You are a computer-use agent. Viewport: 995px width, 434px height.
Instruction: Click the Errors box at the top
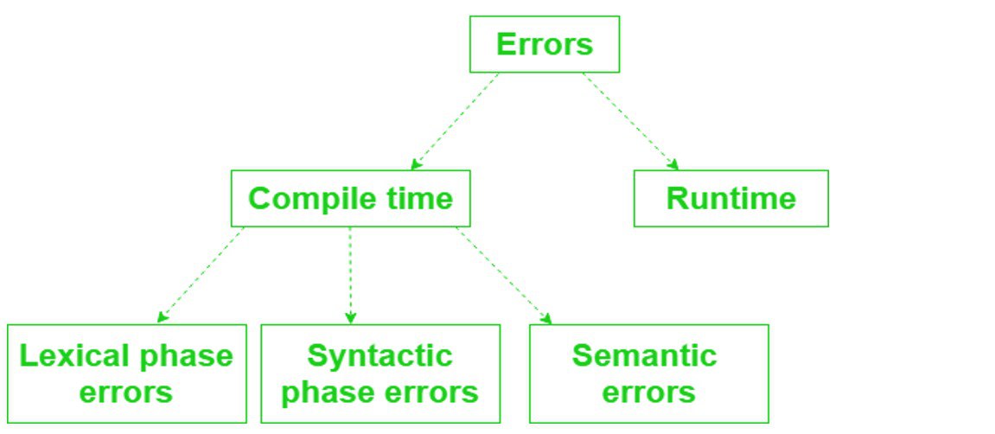pos(545,44)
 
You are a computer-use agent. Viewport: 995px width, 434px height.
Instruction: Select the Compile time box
pos(350,198)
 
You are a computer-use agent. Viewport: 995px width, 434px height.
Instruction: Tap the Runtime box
pos(730,198)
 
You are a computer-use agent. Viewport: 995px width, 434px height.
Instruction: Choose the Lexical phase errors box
pos(126,373)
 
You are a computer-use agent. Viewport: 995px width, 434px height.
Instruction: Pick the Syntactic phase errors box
pos(380,373)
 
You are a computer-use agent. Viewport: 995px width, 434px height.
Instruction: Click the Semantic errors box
pos(648,373)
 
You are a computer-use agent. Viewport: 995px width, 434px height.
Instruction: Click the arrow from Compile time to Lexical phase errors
pos(201,275)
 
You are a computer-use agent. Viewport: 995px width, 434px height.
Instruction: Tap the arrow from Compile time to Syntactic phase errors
pos(350,275)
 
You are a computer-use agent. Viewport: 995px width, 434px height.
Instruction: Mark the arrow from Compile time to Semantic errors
pos(504,275)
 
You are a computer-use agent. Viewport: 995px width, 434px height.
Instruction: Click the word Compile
pos(307,199)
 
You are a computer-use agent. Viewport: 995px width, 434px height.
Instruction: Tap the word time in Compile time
pos(420,198)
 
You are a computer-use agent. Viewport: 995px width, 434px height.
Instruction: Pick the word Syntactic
pos(380,355)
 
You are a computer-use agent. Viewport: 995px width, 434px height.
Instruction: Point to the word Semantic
pos(645,355)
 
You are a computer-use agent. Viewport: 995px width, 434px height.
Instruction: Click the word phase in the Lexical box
pos(191,356)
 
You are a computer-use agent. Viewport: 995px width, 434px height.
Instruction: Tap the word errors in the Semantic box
pos(648,392)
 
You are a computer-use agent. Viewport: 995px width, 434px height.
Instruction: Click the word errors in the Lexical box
pos(126,392)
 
